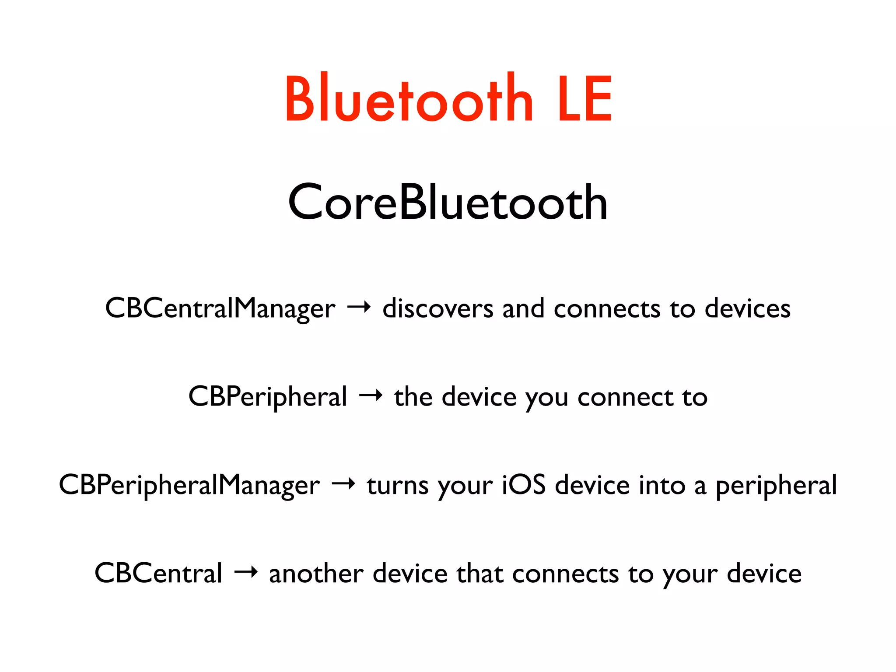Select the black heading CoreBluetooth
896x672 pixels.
(x=448, y=203)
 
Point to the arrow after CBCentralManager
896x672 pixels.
(x=359, y=308)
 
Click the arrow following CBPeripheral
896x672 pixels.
(x=371, y=396)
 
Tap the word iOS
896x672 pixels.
(x=523, y=485)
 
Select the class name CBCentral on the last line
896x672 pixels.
(x=158, y=574)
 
